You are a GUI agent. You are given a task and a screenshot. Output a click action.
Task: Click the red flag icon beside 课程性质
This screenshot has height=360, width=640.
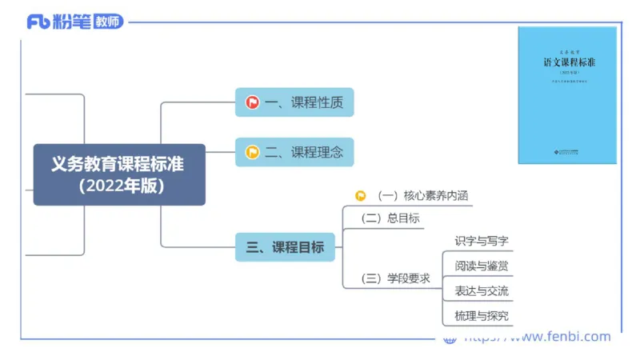pos(252,102)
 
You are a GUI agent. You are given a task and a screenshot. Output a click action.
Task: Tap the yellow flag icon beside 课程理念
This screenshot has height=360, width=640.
pos(252,152)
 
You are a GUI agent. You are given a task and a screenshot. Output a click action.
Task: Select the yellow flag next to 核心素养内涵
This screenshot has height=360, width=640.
pos(361,195)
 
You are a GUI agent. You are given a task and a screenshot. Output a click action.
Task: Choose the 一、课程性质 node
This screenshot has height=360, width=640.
pos(294,102)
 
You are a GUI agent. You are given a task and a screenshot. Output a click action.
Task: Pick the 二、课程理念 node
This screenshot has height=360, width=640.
pos(294,152)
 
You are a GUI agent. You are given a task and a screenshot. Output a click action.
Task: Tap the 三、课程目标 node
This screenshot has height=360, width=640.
pos(286,247)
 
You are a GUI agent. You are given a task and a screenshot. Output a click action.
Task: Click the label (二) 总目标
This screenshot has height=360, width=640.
pos(390,218)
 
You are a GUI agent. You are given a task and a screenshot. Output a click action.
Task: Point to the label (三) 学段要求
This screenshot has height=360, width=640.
pos(396,278)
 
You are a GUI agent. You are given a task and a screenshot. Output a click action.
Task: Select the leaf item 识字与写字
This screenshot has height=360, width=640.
pos(482,241)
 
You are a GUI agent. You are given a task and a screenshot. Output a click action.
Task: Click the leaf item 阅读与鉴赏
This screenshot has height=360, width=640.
pos(482,266)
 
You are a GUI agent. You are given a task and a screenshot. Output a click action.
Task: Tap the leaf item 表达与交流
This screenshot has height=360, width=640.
pos(482,290)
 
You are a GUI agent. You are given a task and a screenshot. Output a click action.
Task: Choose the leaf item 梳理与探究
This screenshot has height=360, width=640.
pos(482,315)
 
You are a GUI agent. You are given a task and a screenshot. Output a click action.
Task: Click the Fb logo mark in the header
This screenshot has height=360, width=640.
pos(38,22)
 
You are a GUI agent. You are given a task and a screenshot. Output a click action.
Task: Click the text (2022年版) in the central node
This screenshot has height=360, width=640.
pos(118,186)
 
